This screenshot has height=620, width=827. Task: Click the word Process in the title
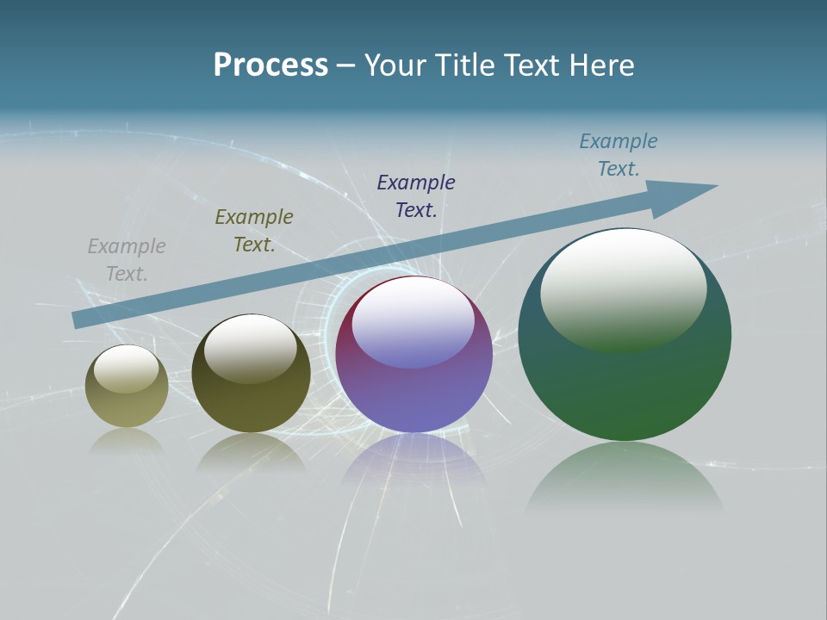[x=270, y=65]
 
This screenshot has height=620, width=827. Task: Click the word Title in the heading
[x=466, y=65]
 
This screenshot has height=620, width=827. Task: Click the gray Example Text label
[x=127, y=259]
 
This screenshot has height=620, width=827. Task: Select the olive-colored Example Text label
[x=254, y=230]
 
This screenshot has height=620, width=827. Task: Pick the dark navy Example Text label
[x=416, y=195]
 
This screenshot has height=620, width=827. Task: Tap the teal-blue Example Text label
[x=619, y=154]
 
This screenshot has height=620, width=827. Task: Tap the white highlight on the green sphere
[x=623, y=284]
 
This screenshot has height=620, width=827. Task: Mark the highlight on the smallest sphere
[x=126, y=368]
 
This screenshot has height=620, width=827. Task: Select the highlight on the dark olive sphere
[x=251, y=346]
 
